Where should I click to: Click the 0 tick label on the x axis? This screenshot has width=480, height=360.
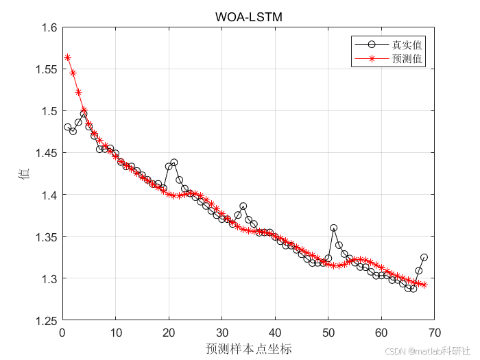click(62, 333)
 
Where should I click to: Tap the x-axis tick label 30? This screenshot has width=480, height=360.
click(221, 333)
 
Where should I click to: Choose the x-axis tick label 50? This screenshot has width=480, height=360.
click(328, 333)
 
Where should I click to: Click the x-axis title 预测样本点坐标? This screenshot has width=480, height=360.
click(248, 348)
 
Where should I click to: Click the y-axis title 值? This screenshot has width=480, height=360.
click(22, 174)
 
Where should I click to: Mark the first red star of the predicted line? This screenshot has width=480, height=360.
click(68, 57)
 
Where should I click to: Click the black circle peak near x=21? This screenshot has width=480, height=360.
click(174, 163)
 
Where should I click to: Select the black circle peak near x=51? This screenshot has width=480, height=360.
click(333, 228)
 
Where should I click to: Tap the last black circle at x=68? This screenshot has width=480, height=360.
click(424, 257)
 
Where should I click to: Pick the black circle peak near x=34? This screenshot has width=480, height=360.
click(243, 206)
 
